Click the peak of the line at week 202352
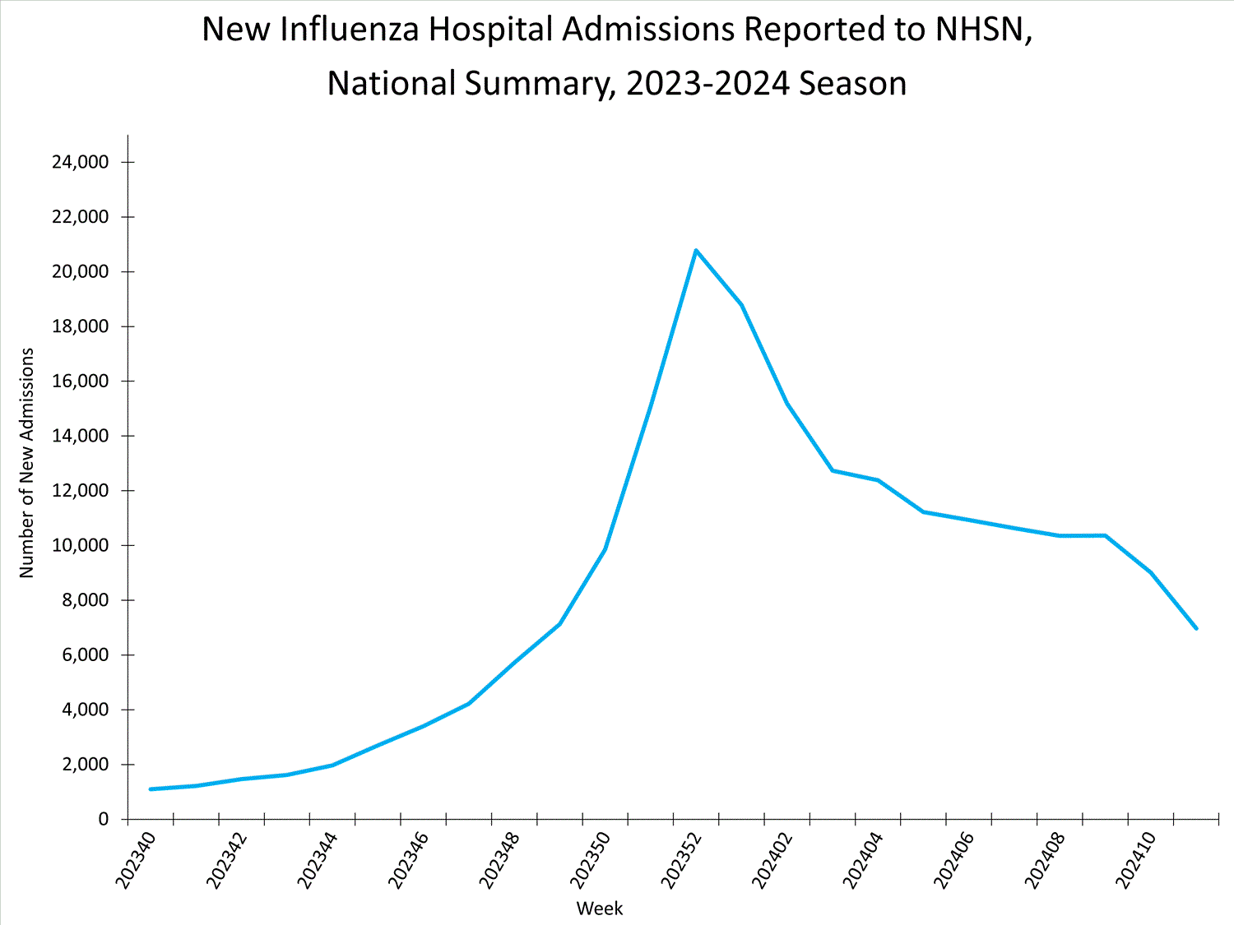click(x=696, y=250)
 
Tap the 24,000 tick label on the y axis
click(x=80, y=162)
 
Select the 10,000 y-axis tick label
click(x=80, y=545)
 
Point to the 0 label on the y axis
click(x=103, y=819)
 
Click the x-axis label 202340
click(x=135, y=860)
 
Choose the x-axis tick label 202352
click(x=681, y=860)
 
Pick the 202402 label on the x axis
click(x=772, y=860)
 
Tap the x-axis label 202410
click(x=1136, y=860)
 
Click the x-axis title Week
click(x=600, y=909)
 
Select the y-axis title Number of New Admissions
click(x=27, y=463)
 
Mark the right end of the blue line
click(x=1195, y=628)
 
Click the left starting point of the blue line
click(x=151, y=789)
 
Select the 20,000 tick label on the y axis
click(x=80, y=271)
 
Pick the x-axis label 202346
click(x=408, y=860)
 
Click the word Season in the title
click(x=853, y=84)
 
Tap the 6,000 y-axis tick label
click(x=86, y=654)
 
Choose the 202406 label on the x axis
click(x=954, y=860)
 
